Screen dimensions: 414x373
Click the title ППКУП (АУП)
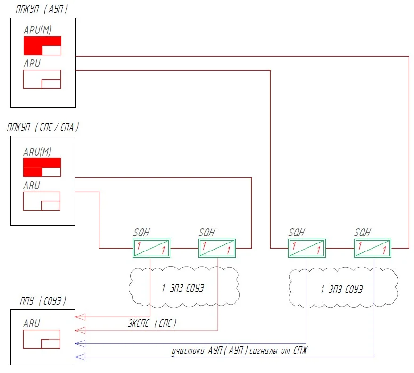(41, 9)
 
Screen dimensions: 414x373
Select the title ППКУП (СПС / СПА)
(43, 127)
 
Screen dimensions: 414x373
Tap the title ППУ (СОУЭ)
(43, 300)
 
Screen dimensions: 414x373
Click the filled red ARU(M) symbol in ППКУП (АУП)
(42, 46)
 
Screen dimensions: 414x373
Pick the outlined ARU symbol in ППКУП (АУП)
(42, 79)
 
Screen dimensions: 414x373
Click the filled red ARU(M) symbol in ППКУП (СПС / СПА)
(42, 167)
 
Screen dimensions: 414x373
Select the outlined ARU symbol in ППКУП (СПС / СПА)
(41, 201)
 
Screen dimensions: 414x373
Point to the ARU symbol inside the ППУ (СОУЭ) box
(41, 339)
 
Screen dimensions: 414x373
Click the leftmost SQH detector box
(151, 248)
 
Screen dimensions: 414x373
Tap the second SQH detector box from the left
(217, 248)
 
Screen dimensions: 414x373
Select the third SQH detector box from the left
(307, 248)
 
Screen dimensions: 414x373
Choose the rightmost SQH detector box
(373, 248)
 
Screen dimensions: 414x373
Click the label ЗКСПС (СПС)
(152, 324)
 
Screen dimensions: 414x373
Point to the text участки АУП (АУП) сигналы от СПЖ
(239, 351)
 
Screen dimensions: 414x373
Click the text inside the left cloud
(183, 288)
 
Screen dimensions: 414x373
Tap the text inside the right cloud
(342, 290)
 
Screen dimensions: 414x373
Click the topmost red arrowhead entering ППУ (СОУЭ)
(81, 317)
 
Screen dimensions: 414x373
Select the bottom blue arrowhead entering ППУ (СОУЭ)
(81, 357)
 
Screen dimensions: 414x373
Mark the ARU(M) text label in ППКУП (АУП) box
(38, 30)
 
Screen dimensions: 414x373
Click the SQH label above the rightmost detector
(362, 233)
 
